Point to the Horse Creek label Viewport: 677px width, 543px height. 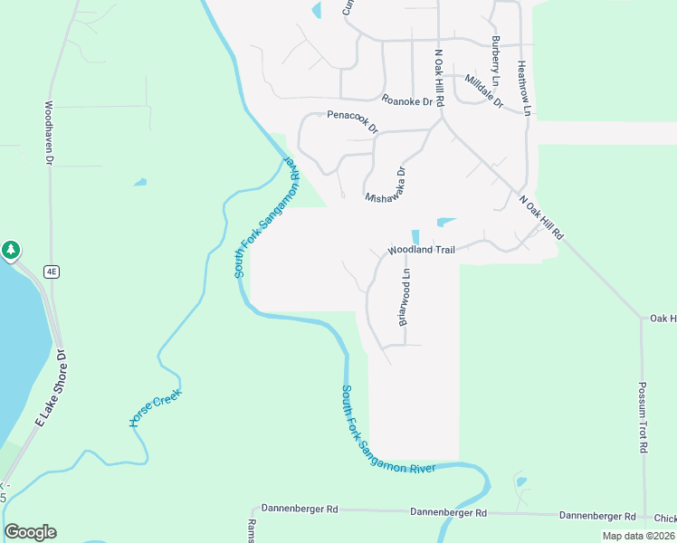(156, 408)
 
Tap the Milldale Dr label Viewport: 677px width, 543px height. (483, 91)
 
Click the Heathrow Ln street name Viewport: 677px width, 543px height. (521, 88)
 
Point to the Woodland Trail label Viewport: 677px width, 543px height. (421, 249)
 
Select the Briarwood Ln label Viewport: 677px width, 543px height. (406, 295)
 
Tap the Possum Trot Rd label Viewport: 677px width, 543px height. (643, 416)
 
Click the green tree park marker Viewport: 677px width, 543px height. (10, 250)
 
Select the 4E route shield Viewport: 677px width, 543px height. (53, 271)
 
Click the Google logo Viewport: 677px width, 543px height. (30, 532)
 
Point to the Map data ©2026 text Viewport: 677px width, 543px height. (638, 536)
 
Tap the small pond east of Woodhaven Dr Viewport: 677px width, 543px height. (140, 182)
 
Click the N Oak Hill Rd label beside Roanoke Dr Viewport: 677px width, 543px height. (439, 80)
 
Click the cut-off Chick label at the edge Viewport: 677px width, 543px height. (664, 519)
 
